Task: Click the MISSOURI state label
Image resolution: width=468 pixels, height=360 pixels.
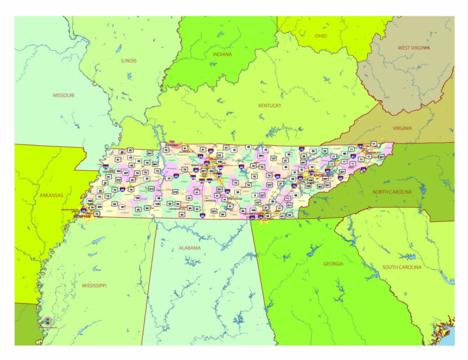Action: coord(63,95)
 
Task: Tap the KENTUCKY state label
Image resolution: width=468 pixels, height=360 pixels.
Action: coord(270,106)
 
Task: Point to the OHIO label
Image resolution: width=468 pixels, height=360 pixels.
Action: coord(321,36)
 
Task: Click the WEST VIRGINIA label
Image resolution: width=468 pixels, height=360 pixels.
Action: coord(414,47)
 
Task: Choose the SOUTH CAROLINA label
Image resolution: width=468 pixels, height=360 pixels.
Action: coord(403,268)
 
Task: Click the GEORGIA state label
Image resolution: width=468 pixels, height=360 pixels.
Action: coord(333,264)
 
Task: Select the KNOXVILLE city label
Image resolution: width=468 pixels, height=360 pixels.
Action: coord(324,175)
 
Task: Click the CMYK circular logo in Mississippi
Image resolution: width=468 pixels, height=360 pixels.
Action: coord(47,321)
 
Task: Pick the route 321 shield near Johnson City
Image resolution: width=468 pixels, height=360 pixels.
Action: coord(380,157)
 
